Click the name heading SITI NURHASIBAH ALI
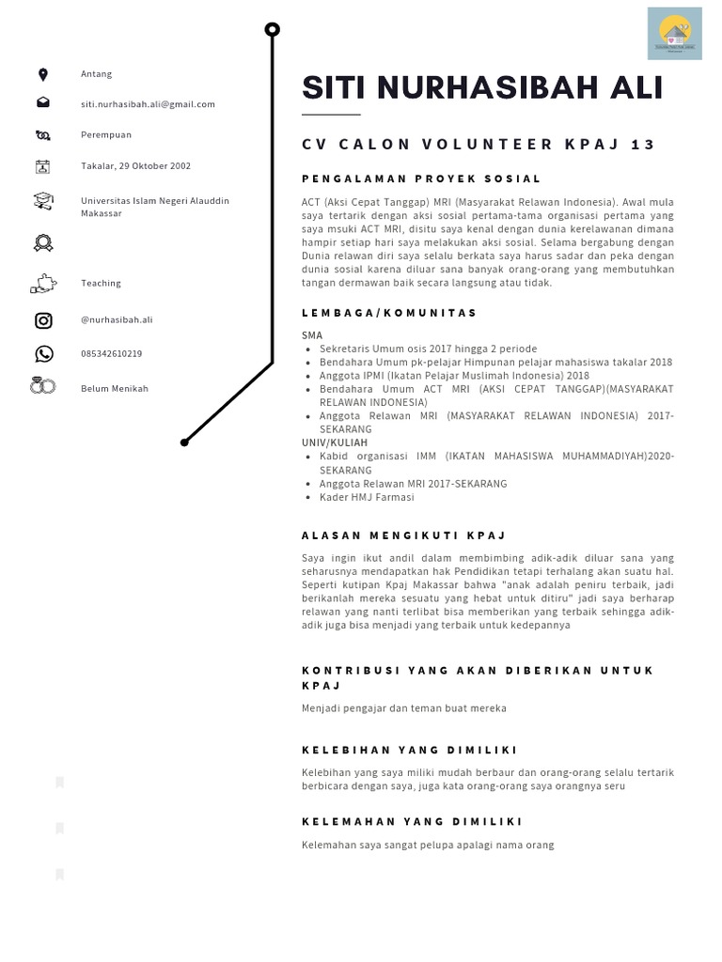tap(482, 87)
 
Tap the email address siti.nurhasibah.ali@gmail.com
tap(148, 104)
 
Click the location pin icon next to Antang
tap(42, 74)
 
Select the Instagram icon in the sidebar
tap(43, 320)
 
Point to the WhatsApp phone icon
tap(43, 354)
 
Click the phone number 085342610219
tap(111, 354)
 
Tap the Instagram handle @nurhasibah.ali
tap(117, 319)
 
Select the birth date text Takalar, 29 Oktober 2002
tap(135, 166)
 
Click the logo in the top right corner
tap(674, 34)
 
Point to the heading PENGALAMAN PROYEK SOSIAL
tap(420, 178)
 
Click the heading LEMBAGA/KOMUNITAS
tap(389, 313)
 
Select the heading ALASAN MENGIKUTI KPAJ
tap(403, 535)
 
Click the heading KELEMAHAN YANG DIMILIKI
tap(412, 822)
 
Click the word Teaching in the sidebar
tap(101, 283)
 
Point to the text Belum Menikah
tap(114, 388)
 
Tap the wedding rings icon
tap(43, 386)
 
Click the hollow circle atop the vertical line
tap(273, 30)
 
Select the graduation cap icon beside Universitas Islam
tap(43, 201)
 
